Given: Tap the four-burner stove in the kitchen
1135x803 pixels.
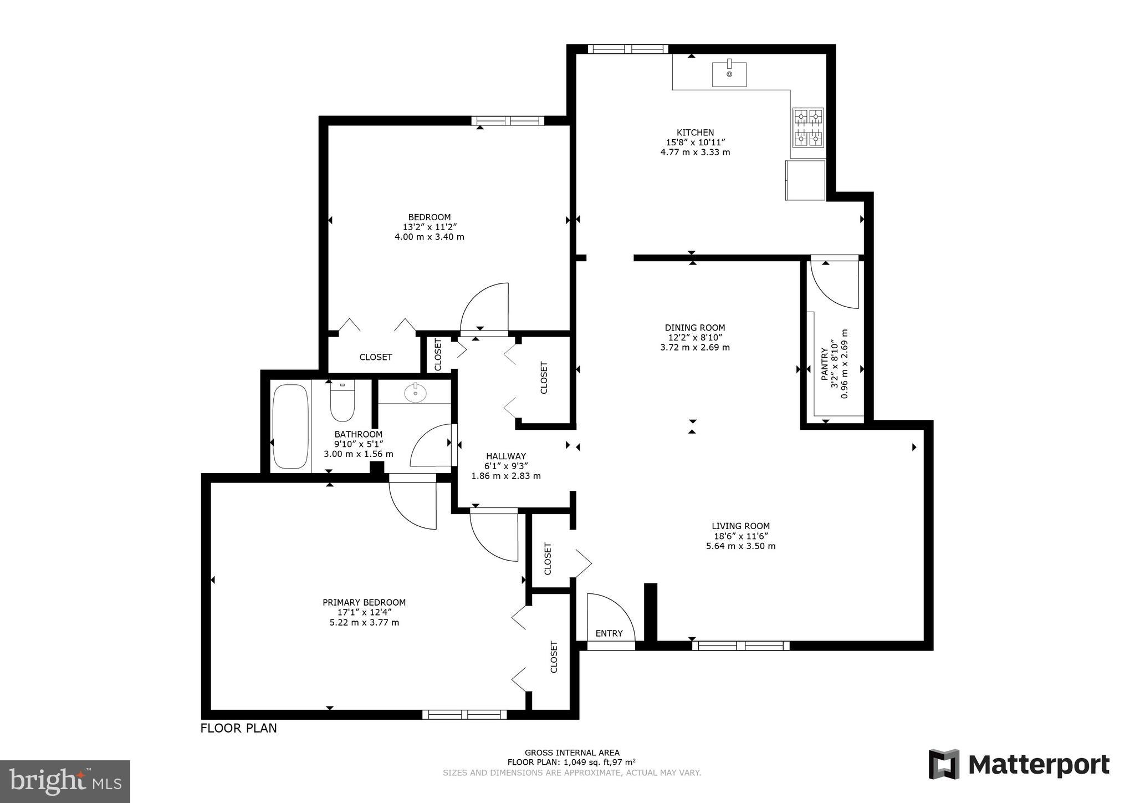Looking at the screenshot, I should click(808, 128).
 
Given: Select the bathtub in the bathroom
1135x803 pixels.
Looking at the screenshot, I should click(290, 426).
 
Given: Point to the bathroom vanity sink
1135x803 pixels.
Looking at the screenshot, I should click(415, 393).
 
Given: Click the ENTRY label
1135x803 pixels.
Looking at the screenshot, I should click(609, 633).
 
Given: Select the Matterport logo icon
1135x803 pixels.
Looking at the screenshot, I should click(944, 764).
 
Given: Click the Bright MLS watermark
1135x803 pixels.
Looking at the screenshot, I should click(65, 781).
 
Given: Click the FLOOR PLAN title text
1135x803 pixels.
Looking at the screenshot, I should click(238, 728).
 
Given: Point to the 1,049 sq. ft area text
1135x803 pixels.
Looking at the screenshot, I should click(571, 763).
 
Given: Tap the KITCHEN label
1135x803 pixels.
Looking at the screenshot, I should click(695, 133).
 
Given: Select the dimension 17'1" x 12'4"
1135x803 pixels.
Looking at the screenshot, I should click(364, 612).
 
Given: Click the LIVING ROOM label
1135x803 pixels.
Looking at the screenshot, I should click(740, 526).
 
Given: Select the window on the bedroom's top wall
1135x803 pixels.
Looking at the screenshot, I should click(508, 121).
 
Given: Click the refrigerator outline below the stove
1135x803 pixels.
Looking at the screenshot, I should click(805, 180).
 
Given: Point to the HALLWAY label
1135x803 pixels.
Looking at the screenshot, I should click(505, 456).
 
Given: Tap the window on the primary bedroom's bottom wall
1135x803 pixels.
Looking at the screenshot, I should click(464, 714).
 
